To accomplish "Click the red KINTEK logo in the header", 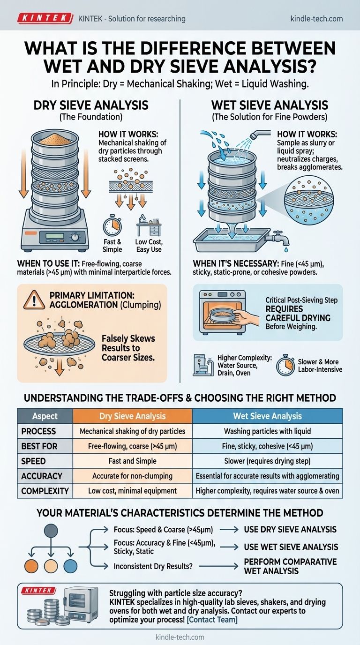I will click(45, 19).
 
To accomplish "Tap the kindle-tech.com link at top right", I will click(316, 19).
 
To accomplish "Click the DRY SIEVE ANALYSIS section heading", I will click(91, 105).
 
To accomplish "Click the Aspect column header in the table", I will click(45, 416).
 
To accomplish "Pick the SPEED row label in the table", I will click(33, 461).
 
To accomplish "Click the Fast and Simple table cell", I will click(133, 461).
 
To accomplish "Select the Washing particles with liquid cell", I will click(267, 431).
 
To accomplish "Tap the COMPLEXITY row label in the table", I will click(45, 491).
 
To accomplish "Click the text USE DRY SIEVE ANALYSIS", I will click(290, 529).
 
